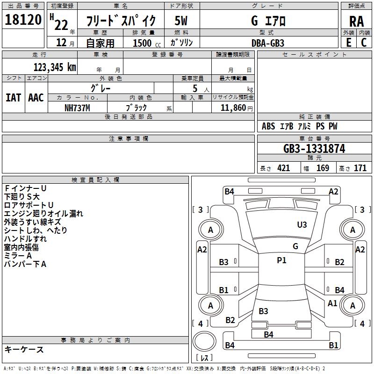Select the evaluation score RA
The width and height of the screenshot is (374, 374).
pos(356,21)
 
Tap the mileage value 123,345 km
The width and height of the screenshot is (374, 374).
pos(55,67)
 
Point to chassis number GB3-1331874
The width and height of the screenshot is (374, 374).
pos(314,149)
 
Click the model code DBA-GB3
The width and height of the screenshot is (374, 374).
pos(268,43)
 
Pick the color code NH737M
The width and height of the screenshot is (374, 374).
pos(77,108)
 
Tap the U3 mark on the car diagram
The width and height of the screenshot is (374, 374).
pos(302,225)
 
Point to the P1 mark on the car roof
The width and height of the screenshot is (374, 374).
pos(281,260)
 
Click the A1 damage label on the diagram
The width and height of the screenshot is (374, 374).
pos(332,303)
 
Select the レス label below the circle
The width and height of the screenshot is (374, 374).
pos(204,358)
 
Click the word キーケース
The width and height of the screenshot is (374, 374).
pos(24,349)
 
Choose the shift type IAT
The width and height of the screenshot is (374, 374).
pos(13,98)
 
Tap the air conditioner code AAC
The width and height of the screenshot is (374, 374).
pos(36,98)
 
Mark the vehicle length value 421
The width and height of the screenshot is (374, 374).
pos(283,168)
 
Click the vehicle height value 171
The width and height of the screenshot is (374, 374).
pos(360,168)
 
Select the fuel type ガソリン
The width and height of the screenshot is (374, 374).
pos(182,43)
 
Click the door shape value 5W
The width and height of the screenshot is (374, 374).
pos(181,21)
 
